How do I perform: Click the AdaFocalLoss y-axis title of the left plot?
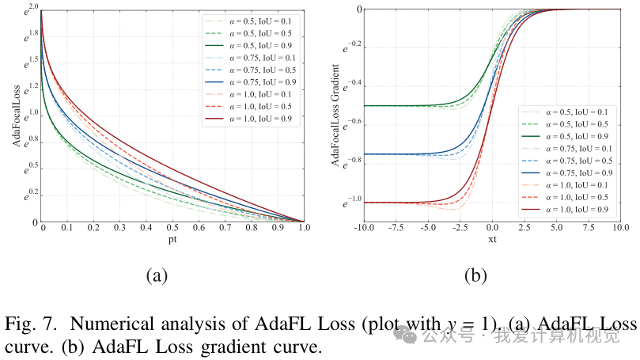pos(16,116)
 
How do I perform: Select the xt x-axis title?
pos(492,239)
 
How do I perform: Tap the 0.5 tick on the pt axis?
pos(172,228)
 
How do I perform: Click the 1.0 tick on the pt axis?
pos(304,228)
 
